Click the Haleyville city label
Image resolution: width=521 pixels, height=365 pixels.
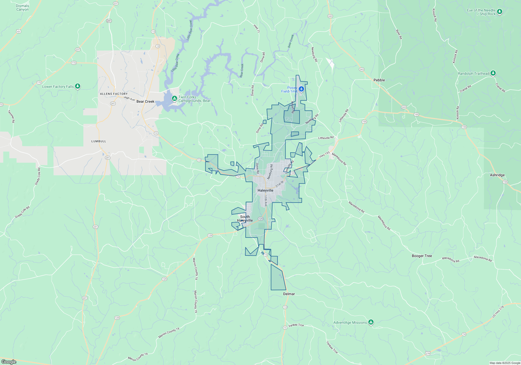coord(265,191)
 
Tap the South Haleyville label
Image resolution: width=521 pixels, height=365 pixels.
coord(245,218)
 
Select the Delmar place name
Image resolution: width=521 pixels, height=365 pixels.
coord(289,294)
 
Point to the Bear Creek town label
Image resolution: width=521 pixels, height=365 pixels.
coord(145,101)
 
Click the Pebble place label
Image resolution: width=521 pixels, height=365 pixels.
coord(379,80)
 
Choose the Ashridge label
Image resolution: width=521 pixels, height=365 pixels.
coord(497,175)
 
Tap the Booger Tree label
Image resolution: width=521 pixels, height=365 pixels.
coord(422,256)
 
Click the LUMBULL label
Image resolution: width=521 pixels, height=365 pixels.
coord(99,141)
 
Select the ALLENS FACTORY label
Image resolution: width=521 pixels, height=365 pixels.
coord(114,94)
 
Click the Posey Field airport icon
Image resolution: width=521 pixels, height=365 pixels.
coord(301,89)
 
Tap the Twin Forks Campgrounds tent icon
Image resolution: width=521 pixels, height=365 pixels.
coord(174,99)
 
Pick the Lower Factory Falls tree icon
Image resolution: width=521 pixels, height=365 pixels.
coord(78,86)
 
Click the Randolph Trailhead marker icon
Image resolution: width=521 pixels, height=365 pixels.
coord(493,73)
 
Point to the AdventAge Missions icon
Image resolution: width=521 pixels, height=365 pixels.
coord(371,322)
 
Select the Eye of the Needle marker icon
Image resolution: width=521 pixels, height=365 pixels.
coord(499,11)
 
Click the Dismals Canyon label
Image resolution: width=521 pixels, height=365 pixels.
coord(22,8)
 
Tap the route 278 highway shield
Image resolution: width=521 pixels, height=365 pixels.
coord(428,354)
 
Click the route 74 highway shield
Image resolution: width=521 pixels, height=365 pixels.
coord(464,334)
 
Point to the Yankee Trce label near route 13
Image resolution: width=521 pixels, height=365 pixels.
coord(296,325)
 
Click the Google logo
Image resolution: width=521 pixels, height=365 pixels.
coord(9,362)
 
